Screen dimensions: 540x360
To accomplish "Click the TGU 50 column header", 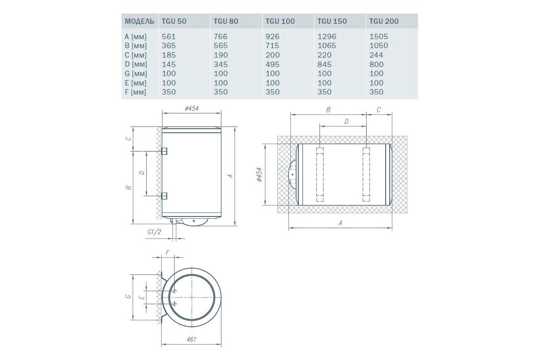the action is (x=174, y=21).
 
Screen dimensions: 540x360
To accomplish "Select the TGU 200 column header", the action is (x=384, y=21).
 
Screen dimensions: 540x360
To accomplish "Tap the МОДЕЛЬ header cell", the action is (x=139, y=22).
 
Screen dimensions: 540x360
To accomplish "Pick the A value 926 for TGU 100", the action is (x=272, y=36).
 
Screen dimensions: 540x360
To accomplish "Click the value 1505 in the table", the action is (x=379, y=36).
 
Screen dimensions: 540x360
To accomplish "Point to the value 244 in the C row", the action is (x=376, y=55).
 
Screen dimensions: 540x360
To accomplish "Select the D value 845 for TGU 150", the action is (x=324, y=64).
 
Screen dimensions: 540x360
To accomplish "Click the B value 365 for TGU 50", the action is (x=169, y=45).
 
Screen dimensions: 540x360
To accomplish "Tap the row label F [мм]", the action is (x=135, y=92).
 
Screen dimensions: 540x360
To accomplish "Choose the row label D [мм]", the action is (x=136, y=64).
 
